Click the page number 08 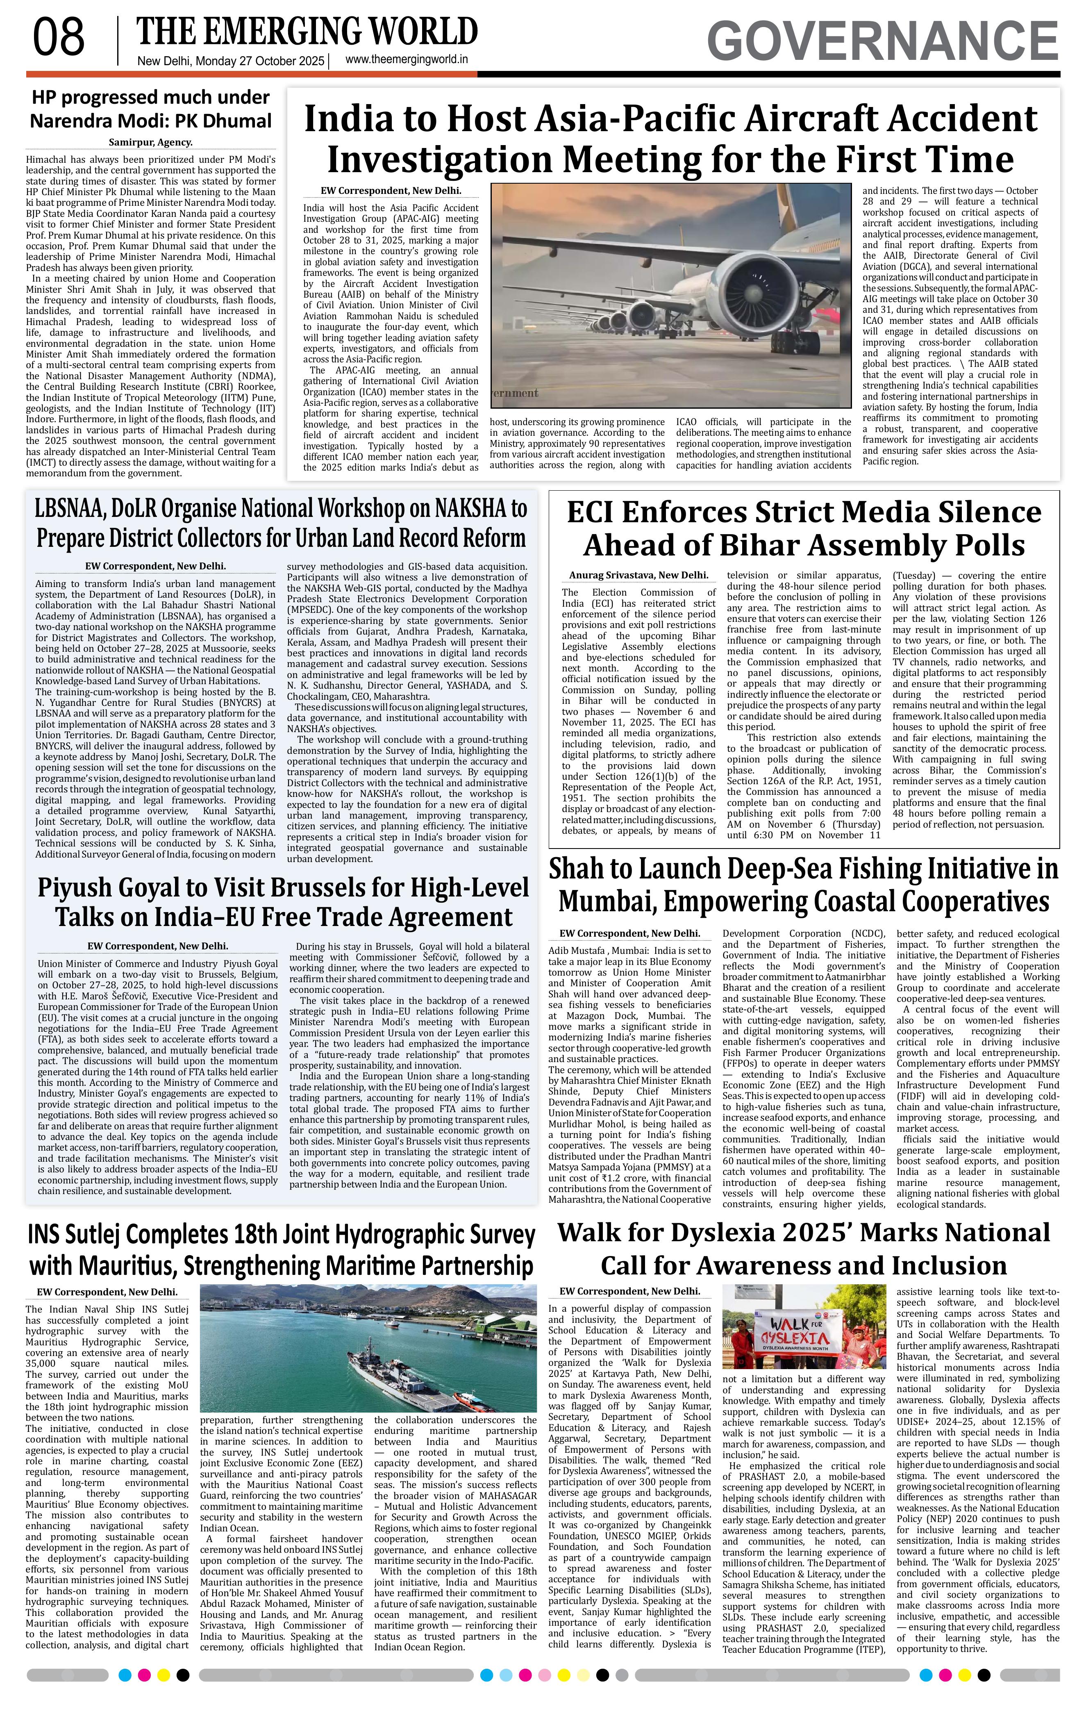[59, 38]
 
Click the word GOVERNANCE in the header [883, 41]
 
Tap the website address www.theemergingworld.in [406, 60]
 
